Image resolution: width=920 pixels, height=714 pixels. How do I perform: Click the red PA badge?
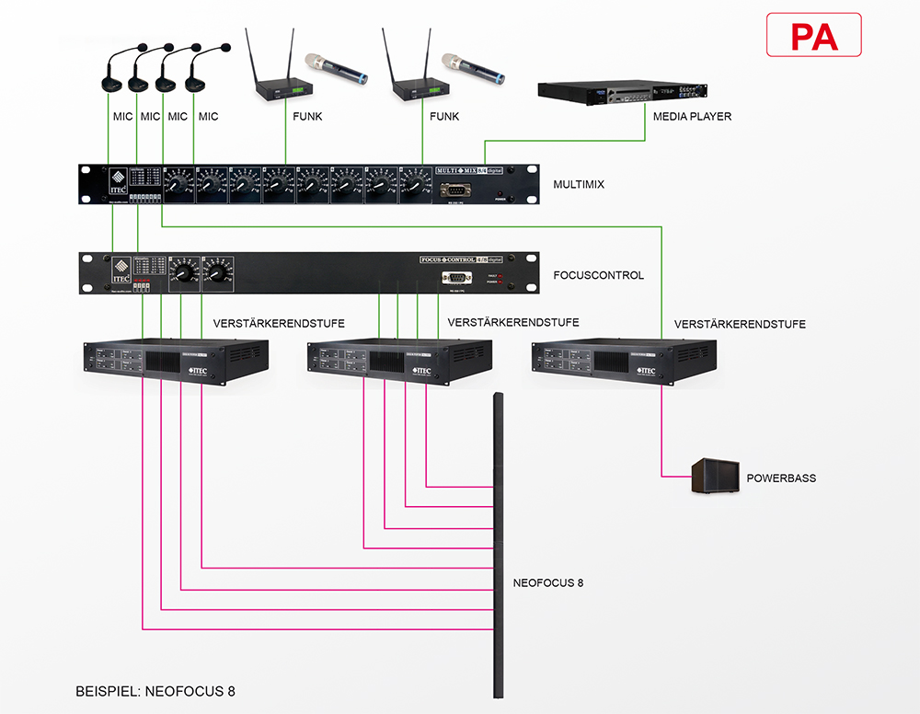(x=813, y=36)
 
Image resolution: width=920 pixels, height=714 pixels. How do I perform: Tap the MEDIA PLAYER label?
(x=692, y=117)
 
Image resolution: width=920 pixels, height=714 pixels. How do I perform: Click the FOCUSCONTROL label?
(x=599, y=275)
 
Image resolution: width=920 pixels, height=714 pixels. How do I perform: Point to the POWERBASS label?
(x=781, y=478)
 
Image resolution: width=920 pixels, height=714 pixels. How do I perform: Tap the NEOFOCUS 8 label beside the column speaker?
(x=548, y=582)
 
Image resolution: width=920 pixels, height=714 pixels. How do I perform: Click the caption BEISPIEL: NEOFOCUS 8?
(x=155, y=690)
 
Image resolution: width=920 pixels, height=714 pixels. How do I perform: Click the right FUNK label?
(x=444, y=117)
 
